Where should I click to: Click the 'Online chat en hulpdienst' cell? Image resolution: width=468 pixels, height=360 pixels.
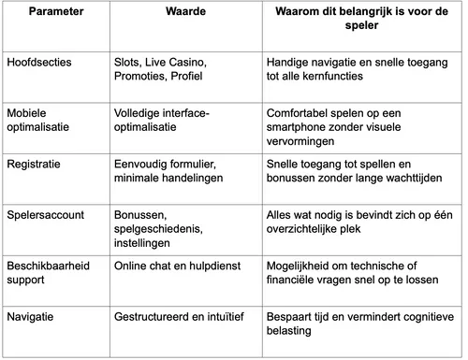coord(175,266)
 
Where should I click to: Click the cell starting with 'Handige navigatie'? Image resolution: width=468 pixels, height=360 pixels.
coord(351,68)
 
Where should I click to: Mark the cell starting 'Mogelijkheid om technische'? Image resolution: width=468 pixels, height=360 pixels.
coord(352,273)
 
